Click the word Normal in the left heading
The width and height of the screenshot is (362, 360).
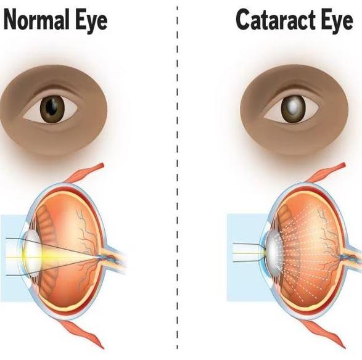click(36, 20)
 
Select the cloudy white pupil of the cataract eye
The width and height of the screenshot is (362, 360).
click(293, 107)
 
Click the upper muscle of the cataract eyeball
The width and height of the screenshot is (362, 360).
click(326, 173)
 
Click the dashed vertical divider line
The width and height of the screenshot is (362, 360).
click(177, 178)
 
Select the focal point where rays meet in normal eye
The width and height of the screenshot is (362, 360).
click(100, 256)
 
